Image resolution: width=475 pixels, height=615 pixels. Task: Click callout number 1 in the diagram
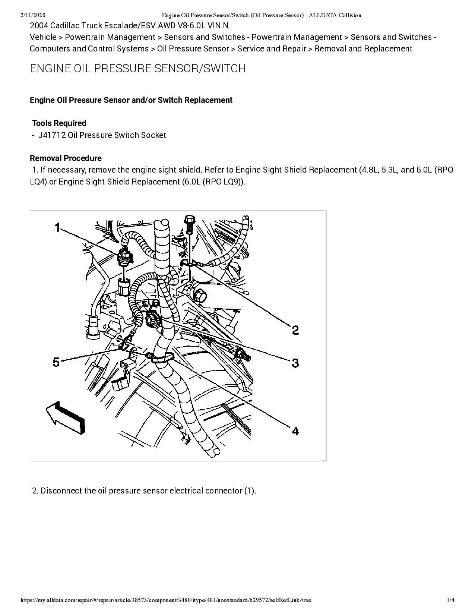[x=57, y=227]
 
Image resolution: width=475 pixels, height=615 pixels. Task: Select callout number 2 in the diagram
[x=295, y=330]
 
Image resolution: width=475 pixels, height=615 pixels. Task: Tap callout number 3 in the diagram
[x=295, y=363]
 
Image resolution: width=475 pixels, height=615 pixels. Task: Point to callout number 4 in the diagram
[x=295, y=431]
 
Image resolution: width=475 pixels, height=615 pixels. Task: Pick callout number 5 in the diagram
[x=56, y=362]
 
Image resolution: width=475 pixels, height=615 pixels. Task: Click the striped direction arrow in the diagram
[x=66, y=418]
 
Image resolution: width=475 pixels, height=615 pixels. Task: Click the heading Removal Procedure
[x=66, y=158]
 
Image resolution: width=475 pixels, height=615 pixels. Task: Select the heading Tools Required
[x=59, y=123]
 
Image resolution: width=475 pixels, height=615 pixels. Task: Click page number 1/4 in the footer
[x=451, y=600]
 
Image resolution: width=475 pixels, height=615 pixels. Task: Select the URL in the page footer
[x=166, y=600]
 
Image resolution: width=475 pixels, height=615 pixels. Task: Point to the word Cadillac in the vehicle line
[x=67, y=26]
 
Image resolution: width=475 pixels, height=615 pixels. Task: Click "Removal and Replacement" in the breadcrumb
[x=363, y=49]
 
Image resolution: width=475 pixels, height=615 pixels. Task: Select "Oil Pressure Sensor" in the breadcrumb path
[x=193, y=49]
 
